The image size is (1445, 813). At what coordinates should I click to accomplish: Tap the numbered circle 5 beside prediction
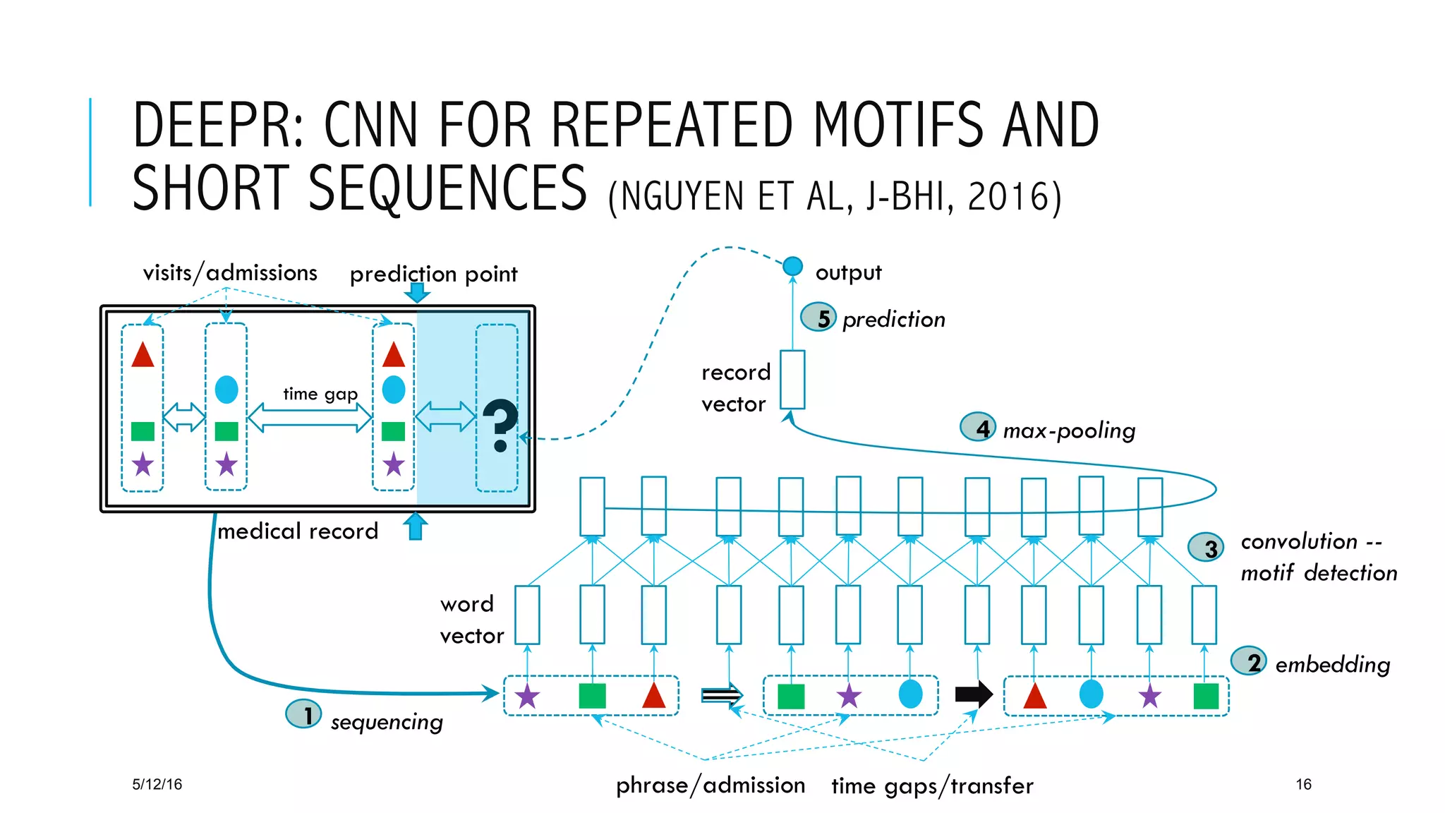tap(818, 318)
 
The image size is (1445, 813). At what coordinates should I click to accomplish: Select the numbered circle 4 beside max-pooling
tap(979, 427)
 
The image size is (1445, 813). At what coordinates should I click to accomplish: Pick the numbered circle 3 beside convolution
tap(1206, 547)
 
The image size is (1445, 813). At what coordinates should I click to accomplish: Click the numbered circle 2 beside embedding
tap(1248, 661)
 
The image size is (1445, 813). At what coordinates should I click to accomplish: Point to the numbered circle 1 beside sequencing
tap(303, 714)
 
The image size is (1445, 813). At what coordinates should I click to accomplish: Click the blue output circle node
tap(792, 266)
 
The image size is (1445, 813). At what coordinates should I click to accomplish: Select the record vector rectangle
tap(792, 380)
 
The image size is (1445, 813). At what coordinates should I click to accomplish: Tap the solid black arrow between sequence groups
tap(974, 694)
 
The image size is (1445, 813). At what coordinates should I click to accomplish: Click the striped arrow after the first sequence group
tap(722, 695)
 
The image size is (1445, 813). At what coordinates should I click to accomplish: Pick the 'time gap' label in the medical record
tap(320, 394)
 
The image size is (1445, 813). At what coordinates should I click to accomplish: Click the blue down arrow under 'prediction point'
tap(417, 292)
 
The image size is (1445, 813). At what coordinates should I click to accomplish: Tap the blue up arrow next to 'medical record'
tap(416, 526)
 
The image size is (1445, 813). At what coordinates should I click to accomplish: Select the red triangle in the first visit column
tap(143, 355)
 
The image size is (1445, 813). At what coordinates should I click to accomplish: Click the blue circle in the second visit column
tap(226, 390)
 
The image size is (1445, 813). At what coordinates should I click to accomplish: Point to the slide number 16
tap(1303, 784)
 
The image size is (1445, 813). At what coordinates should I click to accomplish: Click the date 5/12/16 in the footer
tap(157, 784)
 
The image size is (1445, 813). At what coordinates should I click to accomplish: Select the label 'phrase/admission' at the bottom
tap(710, 785)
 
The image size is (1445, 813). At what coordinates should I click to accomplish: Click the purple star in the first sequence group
tap(527, 697)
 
